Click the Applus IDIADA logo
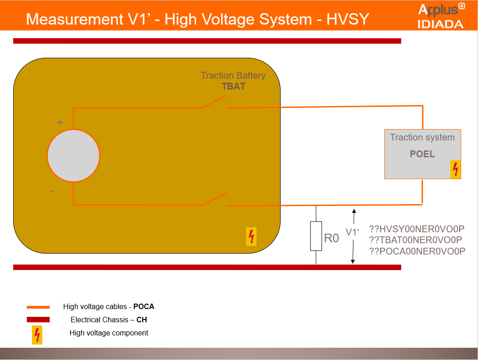point(441,16)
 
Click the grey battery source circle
point(73,155)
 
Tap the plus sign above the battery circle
point(60,123)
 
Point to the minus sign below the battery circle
point(52,192)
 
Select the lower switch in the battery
point(214,200)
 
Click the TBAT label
point(233,86)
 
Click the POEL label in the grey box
point(422,154)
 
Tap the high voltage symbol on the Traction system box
point(455,169)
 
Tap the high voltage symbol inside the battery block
point(251,236)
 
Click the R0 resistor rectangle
point(316,236)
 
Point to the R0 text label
point(332,238)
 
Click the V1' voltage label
point(352,233)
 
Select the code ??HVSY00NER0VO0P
point(417,229)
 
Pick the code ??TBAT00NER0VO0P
point(416,240)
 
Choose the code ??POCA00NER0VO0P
point(417,251)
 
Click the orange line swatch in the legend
point(38,307)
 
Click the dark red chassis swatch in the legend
point(38,320)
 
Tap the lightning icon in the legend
point(37,335)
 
